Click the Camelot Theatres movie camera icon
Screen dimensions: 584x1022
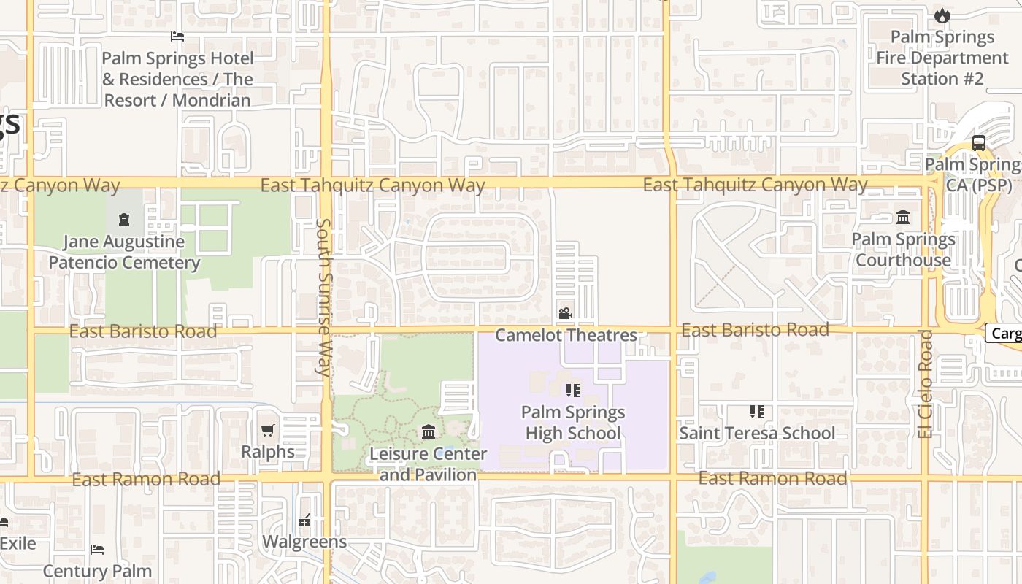tap(565, 314)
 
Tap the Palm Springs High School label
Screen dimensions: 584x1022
tap(573, 423)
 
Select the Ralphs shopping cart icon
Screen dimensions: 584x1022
tap(268, 431)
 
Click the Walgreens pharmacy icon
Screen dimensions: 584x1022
tap(304, 521)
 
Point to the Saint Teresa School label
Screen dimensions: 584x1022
tap(757, 433)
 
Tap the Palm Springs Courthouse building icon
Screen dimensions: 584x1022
tap(903, 218)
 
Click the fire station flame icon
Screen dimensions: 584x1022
tap(942, 15)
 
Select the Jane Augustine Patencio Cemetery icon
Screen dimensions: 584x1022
tap(124, 219)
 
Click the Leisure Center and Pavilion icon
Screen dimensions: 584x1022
tap(429, 432)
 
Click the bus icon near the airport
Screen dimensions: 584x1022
tap(979, 143)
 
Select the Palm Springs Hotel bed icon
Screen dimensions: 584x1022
tap(177, 36)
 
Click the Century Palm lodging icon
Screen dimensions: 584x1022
tap(97, 550)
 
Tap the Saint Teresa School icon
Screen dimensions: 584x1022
tap(757, 412)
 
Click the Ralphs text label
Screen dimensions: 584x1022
tap(268, 452)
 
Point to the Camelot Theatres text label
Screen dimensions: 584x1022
tap(566, 335)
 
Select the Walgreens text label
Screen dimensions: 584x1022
tap(304, 542)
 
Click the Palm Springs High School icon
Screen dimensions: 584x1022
tap(573, 391)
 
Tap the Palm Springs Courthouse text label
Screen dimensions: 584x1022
tap(903, 250)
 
